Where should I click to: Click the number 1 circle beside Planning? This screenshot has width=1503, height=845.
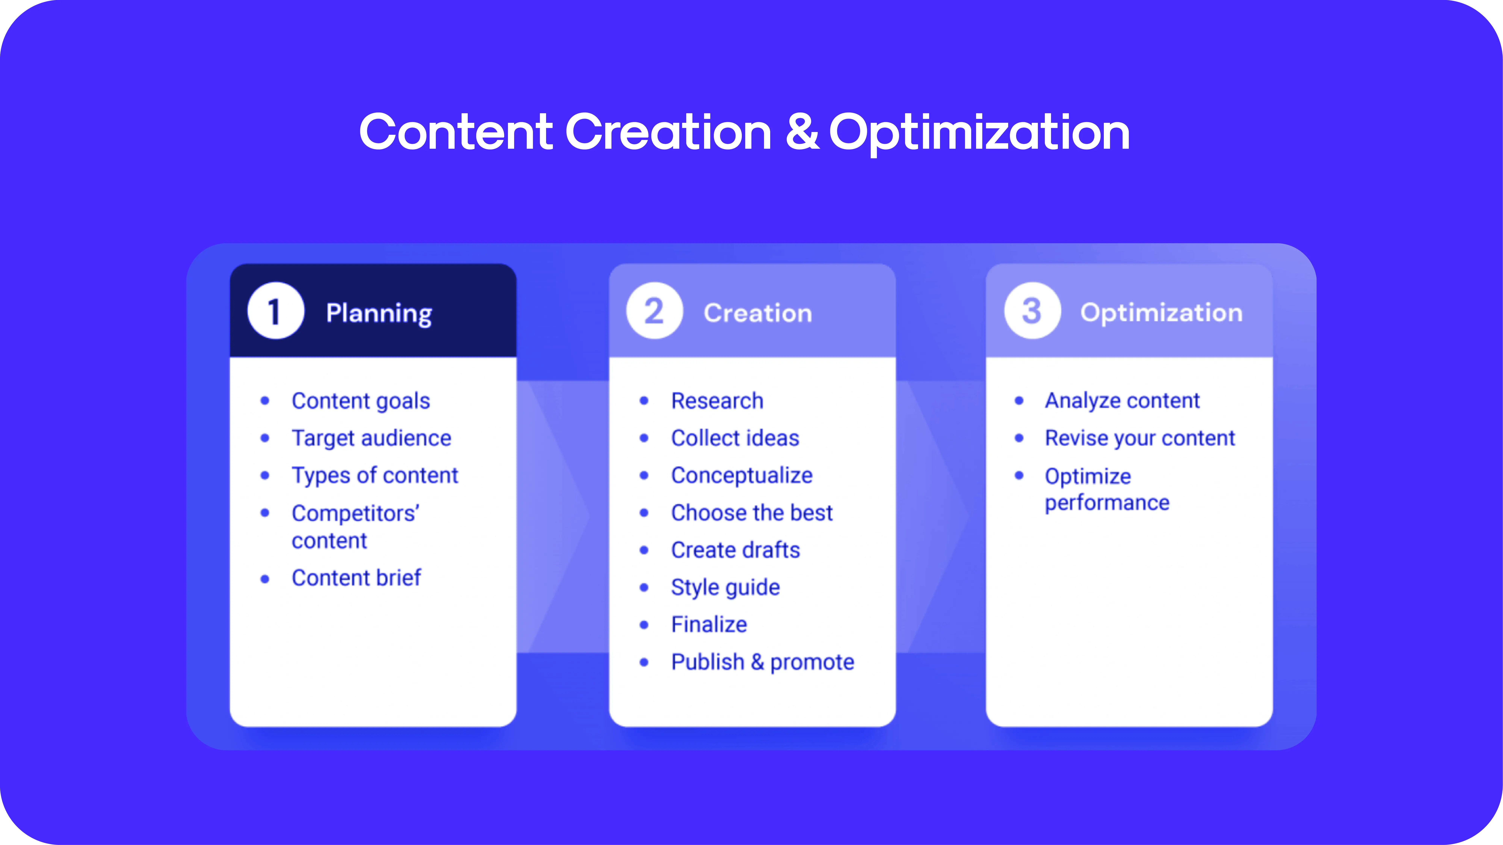point(275,311)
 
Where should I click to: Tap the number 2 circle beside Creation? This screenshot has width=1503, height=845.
point(654,311)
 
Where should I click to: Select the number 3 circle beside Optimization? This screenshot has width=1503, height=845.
point(1032,311)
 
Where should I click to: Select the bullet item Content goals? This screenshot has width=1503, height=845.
point(360,401)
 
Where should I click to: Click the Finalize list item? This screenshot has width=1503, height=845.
point(709,625)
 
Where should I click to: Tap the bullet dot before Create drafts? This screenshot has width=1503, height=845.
point(644,550)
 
